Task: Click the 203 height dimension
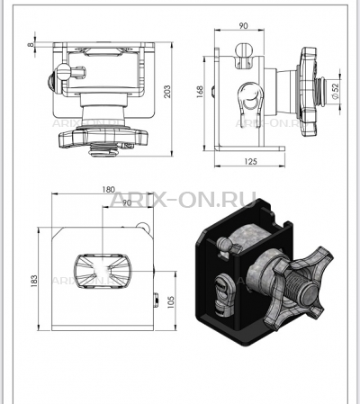[167, 92]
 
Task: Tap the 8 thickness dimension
[31, 44]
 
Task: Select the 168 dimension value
[200, 92]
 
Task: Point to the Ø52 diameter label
[335, 91]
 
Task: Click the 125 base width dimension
[250, 162]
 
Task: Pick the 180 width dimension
[108, 190]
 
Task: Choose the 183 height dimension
[34, 281]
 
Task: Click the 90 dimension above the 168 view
[244, 26]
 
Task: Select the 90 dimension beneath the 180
[127, 202]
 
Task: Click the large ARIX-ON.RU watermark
[183, 200]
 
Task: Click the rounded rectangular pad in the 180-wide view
[103, 271]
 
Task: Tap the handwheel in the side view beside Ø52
[307, 92]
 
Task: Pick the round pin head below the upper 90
[243, 50]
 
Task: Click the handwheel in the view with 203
[103, 138]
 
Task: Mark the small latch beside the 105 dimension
[156, 300]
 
